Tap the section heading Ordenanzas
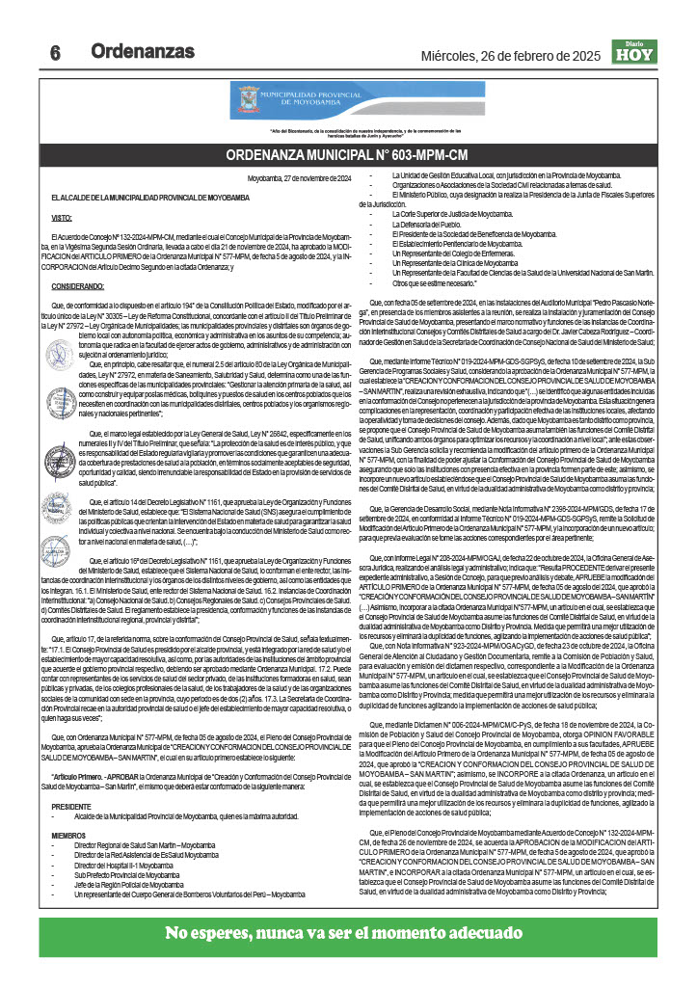tap(142, 51)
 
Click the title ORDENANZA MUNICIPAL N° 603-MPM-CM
tap(347, 154)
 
